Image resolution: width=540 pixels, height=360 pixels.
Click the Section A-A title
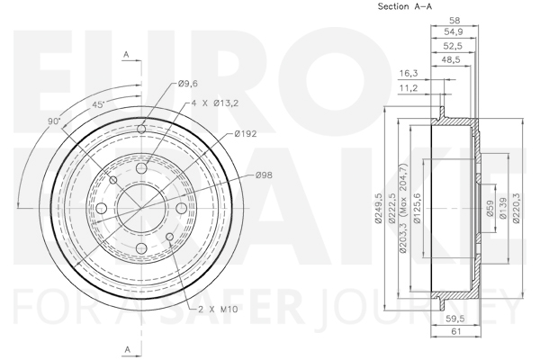[x=405, y=6]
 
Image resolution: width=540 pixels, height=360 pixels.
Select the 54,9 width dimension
[x=454, y=32]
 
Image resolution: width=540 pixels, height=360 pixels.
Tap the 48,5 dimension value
[x=451, y=59]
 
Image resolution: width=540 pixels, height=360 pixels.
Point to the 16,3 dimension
[x=409, y=74]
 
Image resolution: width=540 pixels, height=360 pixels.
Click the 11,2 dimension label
[x=409, y=88]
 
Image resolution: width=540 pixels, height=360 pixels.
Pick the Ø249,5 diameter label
[x=379, y=209]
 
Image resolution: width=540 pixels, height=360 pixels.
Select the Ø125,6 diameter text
[x=417, y=209]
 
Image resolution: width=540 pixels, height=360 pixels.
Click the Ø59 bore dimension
[x=490, y=209]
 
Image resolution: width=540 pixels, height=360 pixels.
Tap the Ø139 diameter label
[x=503, y=208]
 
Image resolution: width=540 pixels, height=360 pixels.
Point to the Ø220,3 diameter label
[x=517, y=209]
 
